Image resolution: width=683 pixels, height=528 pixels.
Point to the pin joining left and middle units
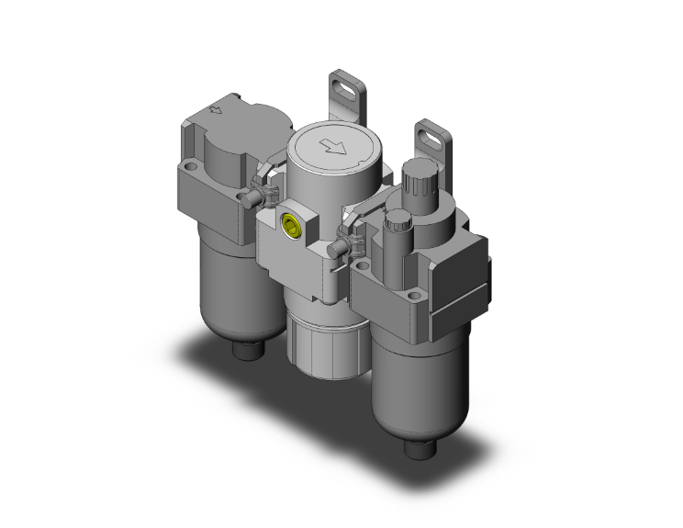[x=249, y=197]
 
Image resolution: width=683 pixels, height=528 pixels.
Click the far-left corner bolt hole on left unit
[x=191, y=168]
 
